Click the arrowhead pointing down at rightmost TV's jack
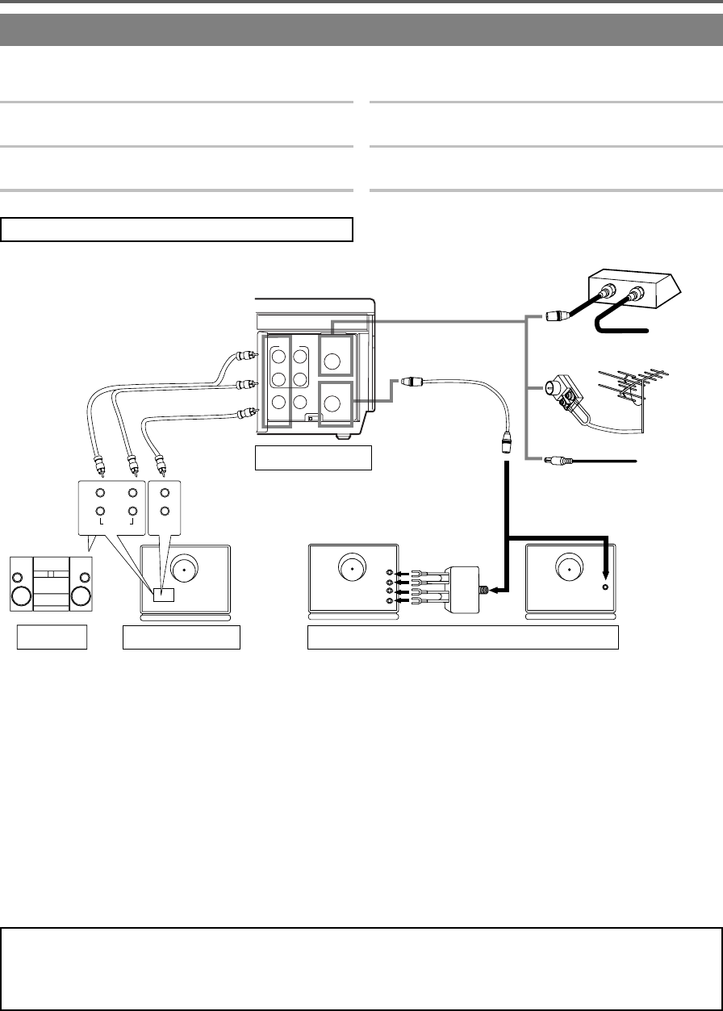(x=606, y=572)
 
